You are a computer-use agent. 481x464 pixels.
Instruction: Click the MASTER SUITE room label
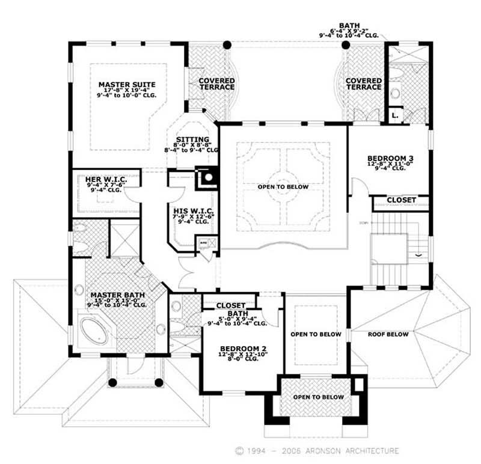click(x=127, y=85)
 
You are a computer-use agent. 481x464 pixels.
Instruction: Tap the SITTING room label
click(x=192, y=139)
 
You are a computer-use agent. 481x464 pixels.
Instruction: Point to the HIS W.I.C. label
click(x=191, y=210)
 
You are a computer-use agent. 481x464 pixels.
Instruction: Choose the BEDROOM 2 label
click(x=244, y=349)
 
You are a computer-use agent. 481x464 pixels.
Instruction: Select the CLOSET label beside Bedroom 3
click(x=401, y=200)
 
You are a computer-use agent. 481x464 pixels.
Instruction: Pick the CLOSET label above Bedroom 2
click(x=231, y=305)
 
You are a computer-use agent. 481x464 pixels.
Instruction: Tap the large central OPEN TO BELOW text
click(x=283, y=187)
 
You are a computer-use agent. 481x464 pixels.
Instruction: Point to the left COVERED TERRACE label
click(x=216, y=84)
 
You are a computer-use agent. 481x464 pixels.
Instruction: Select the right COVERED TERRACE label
click(x=363, y=84)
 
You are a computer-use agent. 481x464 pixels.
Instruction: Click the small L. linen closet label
click(x=394, y=114)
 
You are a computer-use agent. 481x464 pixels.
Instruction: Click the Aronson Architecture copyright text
click(x=317, y=450)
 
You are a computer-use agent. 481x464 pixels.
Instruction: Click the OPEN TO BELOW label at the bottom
click(x=318, y=397)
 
